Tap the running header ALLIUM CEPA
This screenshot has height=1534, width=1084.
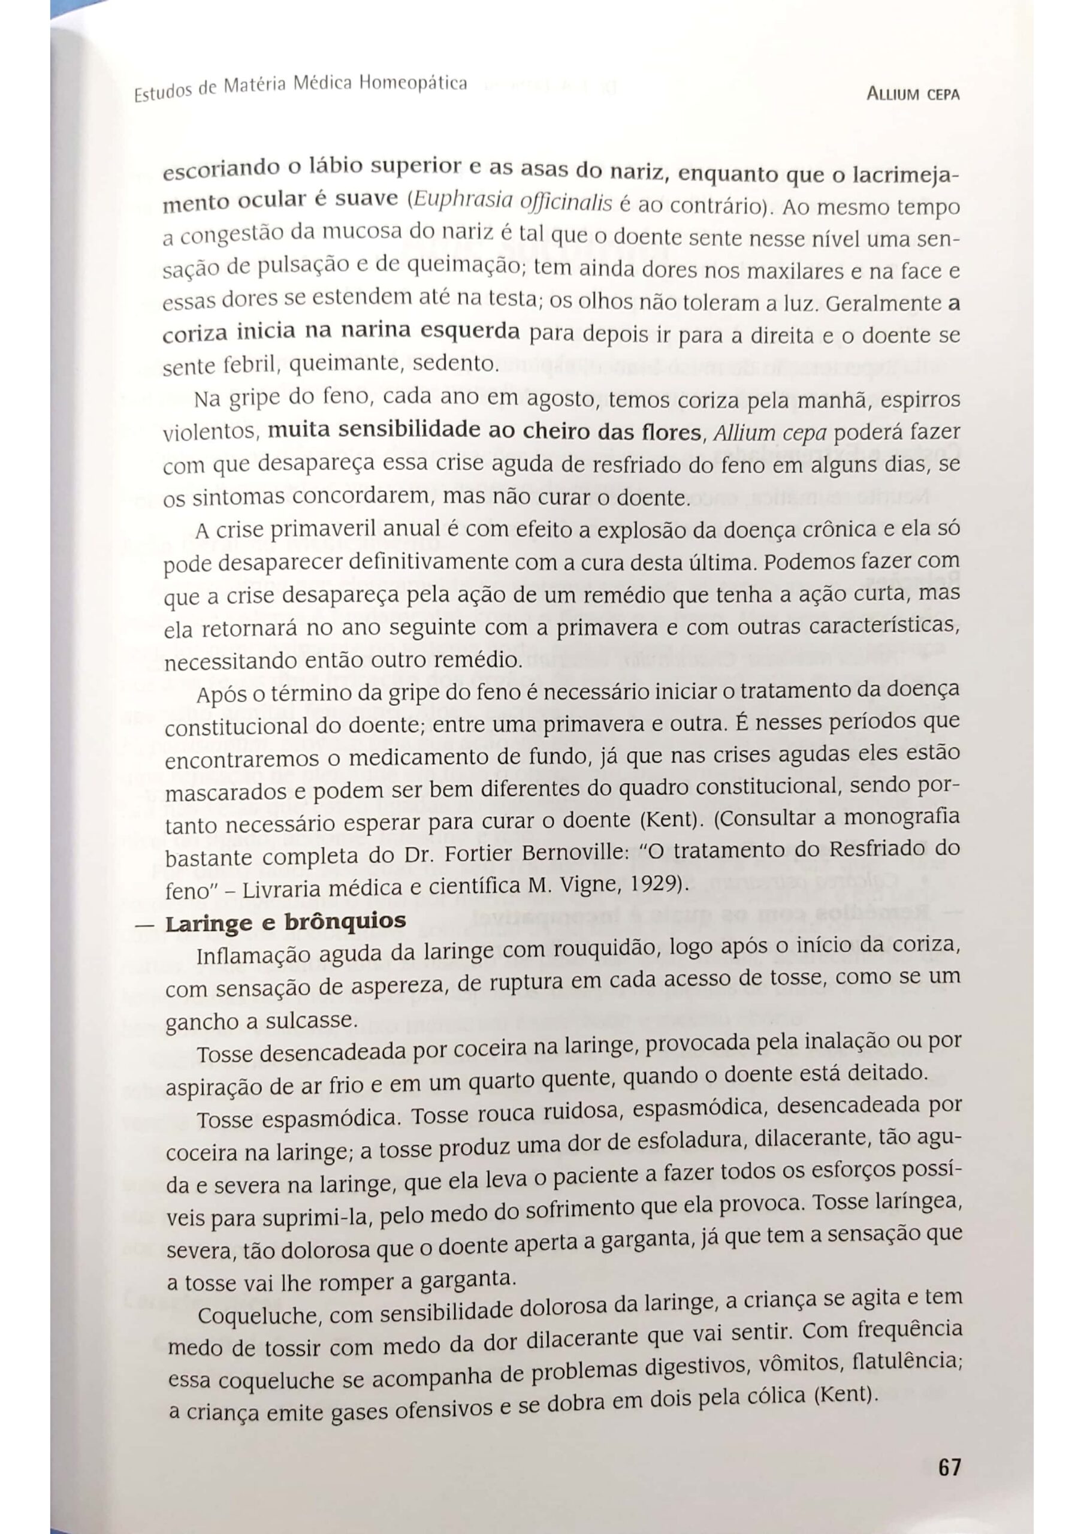coord(913,94)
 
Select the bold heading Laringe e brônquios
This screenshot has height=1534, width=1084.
coord(285,923)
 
